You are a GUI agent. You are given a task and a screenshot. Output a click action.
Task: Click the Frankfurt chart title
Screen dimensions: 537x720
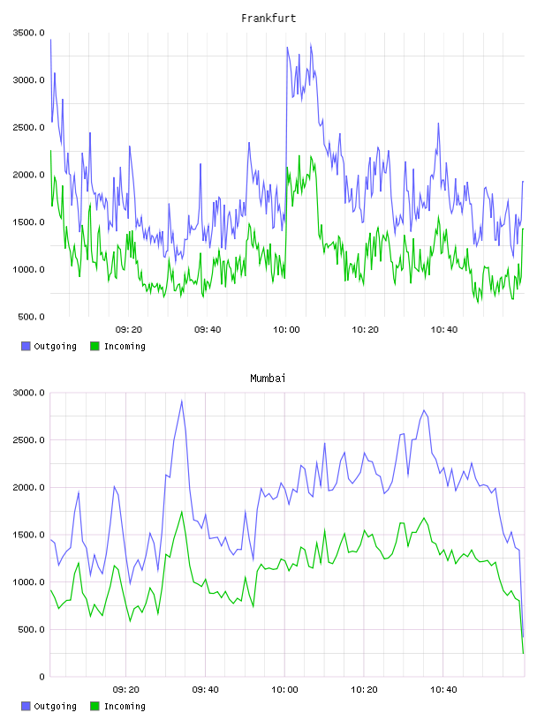pyautogui.click(x=268, y=19)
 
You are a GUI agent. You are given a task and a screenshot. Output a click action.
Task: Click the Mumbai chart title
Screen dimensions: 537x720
pyautogui.click(x=268, y=379)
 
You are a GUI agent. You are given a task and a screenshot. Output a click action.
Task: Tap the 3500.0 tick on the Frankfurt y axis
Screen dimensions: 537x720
pyautogui.click(x=29, y=33)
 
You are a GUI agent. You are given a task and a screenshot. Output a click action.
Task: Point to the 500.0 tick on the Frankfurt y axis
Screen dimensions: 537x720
pyautogui.click(x=31, y=317)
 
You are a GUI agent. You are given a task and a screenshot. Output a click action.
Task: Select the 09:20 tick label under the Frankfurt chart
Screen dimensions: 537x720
pyautogui.click(x=129, y=330)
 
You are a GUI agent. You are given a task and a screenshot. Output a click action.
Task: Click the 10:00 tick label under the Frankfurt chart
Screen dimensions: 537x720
pyautogui.click(x=286, y=330)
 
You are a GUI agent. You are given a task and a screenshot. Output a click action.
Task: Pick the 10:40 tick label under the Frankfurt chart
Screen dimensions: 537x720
pyautogui.click(x=444, y=330)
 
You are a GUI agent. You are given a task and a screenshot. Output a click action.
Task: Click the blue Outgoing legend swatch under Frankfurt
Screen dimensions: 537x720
pyautogui.click(x=26, y=346)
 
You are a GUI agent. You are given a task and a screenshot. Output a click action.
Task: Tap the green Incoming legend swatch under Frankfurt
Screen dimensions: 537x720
pyautogui.click(x=95, y=346)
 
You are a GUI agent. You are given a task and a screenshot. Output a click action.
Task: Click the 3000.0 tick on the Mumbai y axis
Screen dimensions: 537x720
pyautogui.click(x=29, y=393)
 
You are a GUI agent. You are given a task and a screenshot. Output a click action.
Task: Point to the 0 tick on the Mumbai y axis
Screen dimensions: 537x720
pyautogui.click(x=42, y=677)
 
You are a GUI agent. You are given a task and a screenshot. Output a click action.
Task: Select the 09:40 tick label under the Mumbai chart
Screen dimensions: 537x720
pyautogui.click(x=206, y=690)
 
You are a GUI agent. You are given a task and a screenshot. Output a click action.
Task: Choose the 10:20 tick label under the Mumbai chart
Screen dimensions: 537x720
pyautogui.click(x=364, y=690)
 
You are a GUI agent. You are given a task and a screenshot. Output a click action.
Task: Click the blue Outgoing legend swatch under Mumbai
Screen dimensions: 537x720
pyautogui.click(x=26, y=706)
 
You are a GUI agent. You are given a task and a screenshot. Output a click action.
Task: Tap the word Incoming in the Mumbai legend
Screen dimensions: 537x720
pyautogui.click(x=125, y=706)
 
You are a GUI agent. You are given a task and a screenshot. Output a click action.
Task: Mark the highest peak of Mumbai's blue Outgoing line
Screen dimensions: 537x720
pyautogui.click(x=182, y=401)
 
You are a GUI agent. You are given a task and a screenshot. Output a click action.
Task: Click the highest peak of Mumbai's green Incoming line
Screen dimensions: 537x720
pyautogui.click(x=182, y=512)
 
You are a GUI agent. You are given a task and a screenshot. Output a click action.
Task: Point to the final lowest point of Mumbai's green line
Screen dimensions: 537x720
pyautogui.click(x=523, y=653)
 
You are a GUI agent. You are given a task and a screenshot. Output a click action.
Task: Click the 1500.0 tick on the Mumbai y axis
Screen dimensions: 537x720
pyautogui.click(x=29, y=535)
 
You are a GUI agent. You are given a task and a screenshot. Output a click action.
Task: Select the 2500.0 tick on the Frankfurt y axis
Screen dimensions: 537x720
pyautogui.click(x=29, y=128)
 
